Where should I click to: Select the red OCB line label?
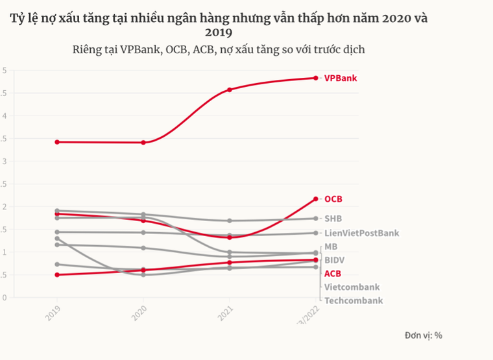[x=333, y=199]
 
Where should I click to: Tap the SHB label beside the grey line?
[x=333, y=219]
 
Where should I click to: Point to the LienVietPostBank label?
[x=361, y=233]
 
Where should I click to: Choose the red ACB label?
[x=332, y=274]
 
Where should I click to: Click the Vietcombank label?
[x=352, y=287]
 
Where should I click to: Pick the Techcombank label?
[x=353, y=300]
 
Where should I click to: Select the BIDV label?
[x=335, y=260]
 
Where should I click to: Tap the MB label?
[x=331, y=246]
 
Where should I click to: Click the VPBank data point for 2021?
[x=230, y=90]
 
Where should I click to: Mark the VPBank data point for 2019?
[x=57, y=141]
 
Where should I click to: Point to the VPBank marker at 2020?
[x=143, y=142]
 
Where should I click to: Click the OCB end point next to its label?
[x=316, y=198]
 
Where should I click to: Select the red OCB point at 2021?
[x=230, y=237]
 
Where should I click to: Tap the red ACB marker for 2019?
[x=57, y=274]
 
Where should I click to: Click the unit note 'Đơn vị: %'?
[x=423, y=335]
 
